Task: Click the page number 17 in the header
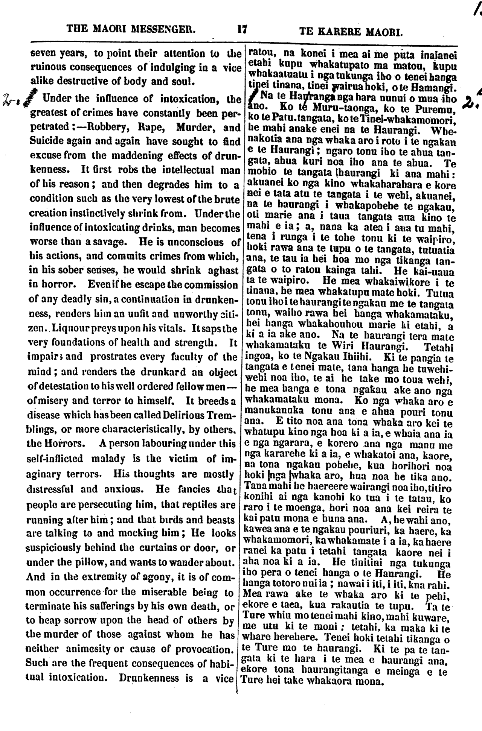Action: coord(242,29)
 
